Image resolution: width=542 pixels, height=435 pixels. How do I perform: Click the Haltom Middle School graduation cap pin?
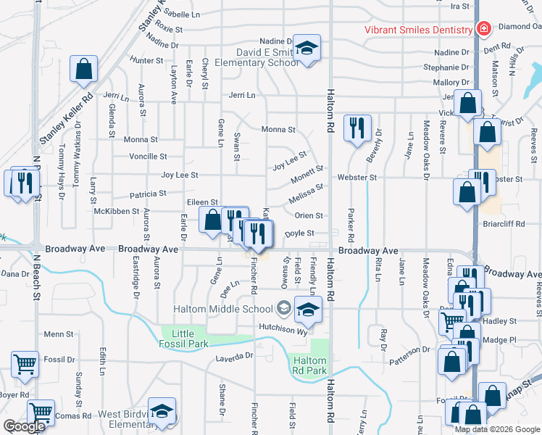pos(307,310)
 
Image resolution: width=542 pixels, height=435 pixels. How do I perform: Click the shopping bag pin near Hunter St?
pos(84,70)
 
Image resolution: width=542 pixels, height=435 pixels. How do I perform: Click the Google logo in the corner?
pos(24,426)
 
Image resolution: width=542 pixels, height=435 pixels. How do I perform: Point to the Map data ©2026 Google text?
pos(497,428)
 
